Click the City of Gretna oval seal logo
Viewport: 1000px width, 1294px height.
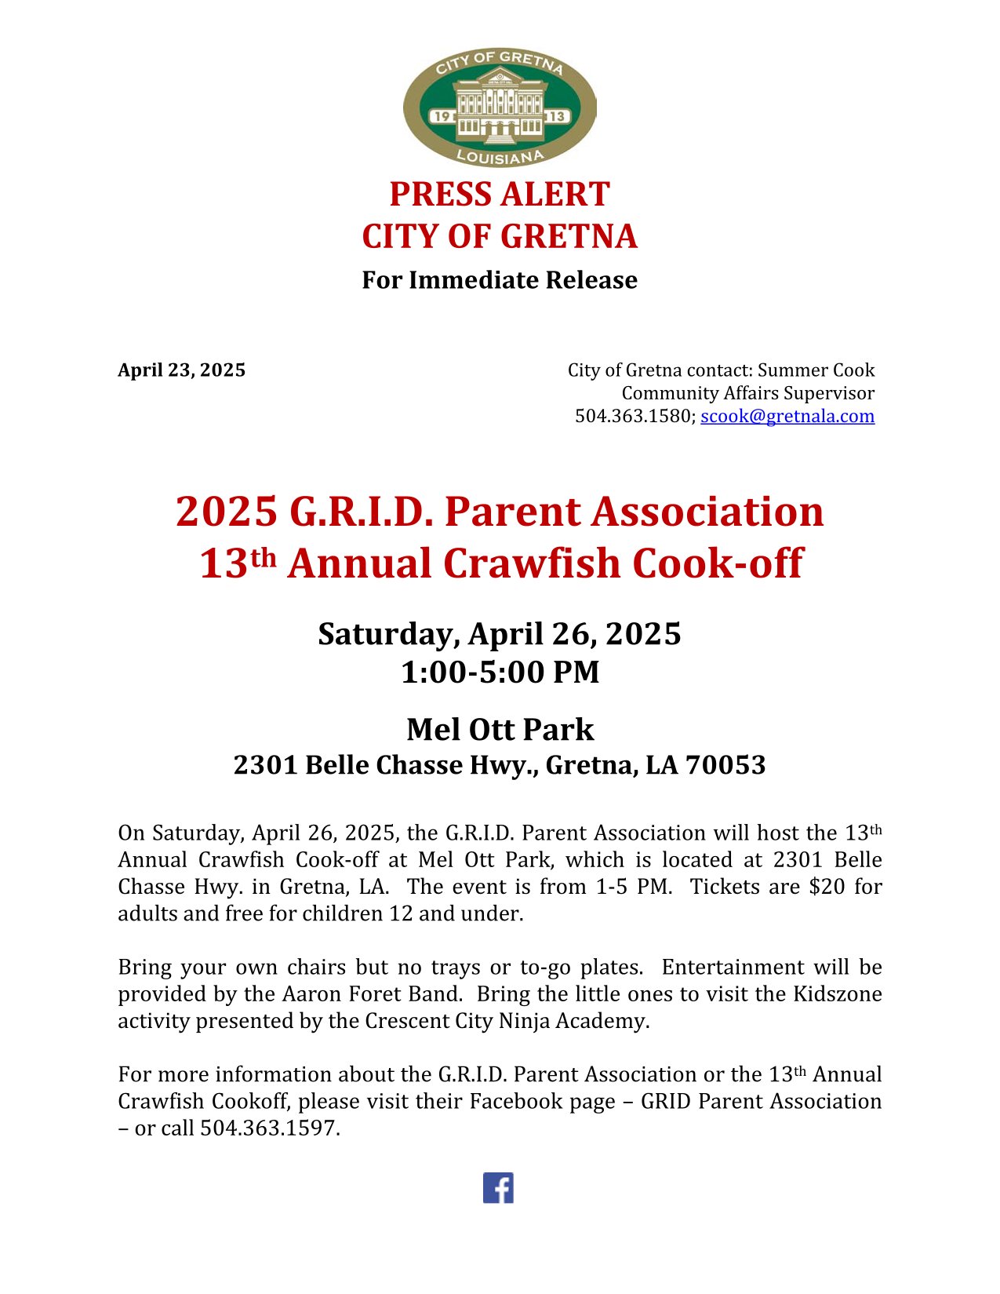[500, 106]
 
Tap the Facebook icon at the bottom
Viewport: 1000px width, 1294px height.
[498, 1187]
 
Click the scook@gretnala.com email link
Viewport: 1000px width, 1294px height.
[787, 416]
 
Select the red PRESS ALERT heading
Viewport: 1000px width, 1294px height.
[500, 195]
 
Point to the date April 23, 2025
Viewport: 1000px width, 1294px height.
[181, 370]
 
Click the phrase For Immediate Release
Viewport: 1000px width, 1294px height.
[500, 280]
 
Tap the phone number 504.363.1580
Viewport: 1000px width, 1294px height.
[634, 416]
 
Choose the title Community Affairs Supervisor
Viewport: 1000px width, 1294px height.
[747, 393]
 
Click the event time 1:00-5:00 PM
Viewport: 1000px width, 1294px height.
[500, 673]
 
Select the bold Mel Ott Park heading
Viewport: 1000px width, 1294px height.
[500, 730]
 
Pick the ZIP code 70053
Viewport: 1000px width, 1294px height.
[725, 765]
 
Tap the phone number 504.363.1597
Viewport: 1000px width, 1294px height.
[269, 1128]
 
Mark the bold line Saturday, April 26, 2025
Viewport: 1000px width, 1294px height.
[500, 634]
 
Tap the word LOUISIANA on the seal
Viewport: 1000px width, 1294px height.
[500, 157]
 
